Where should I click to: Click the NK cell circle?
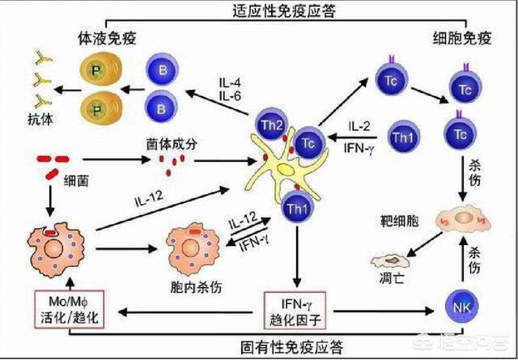461,307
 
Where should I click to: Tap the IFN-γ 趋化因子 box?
295,311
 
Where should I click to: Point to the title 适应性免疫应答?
284,11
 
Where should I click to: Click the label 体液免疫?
107,39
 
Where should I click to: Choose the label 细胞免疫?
462,39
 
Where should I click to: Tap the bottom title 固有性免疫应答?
291,347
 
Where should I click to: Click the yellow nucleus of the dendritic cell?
286,170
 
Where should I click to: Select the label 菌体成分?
171,144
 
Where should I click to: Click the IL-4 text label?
231,83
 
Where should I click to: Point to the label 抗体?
40,119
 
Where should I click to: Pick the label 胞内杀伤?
196,287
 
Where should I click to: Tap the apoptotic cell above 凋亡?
390,261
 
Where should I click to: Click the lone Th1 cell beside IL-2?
404,137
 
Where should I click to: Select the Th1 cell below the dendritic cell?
297,209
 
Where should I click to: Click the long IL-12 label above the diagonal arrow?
149,199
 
